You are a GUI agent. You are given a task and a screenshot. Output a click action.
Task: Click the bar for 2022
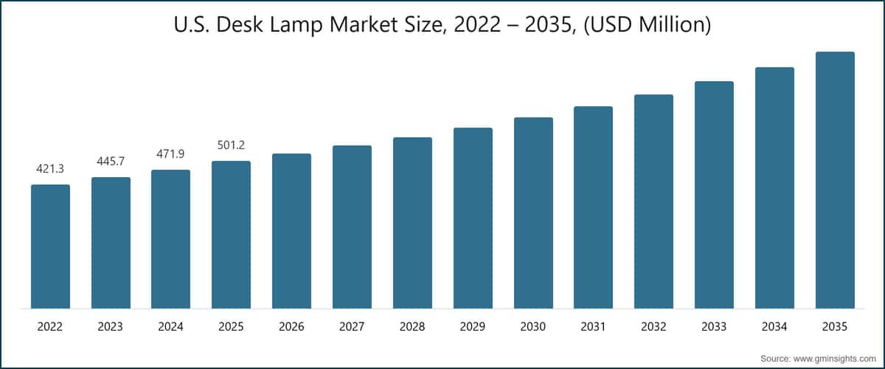pos(50,246)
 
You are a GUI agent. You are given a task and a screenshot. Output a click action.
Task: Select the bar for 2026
pos(291,231)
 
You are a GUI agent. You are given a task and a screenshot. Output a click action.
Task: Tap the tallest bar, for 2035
pos(835,180)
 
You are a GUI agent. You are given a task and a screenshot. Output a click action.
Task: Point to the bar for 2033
pos(714,195)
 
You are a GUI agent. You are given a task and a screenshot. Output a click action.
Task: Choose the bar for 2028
pos(412,223)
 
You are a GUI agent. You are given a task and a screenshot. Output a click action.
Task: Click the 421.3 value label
pos(50,170)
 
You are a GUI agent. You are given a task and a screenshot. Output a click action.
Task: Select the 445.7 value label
pos(111,162)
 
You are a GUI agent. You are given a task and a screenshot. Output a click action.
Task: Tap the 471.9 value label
pos(171,154)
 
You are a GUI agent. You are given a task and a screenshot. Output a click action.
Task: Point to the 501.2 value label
pos(231,145)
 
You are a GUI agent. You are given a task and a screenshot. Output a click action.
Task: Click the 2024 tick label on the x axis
pos(171,325)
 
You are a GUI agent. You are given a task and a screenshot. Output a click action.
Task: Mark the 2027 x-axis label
pos(352,325)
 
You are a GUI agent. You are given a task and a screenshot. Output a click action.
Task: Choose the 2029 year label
pos(473,325)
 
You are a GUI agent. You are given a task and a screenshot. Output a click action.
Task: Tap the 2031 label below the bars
pos(594,325)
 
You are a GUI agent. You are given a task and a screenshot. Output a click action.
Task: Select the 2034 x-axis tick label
pos(774,325)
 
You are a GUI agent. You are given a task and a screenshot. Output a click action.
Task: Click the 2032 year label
pos(654,325)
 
